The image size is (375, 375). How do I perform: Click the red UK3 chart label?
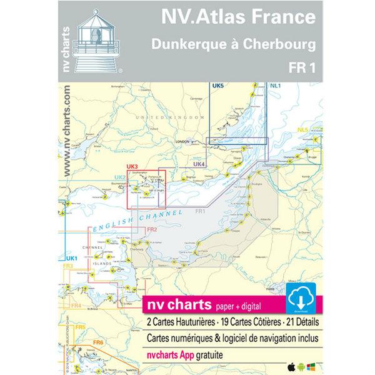tap(131, 167)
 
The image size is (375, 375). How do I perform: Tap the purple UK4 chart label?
tap(199, 164)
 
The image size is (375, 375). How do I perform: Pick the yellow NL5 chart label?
tap(303, 130)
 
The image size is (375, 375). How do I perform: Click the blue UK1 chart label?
tap(71, 259)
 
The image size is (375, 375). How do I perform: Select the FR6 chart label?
tap(97, 342)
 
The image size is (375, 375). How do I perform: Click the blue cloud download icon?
tap(302, 297)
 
